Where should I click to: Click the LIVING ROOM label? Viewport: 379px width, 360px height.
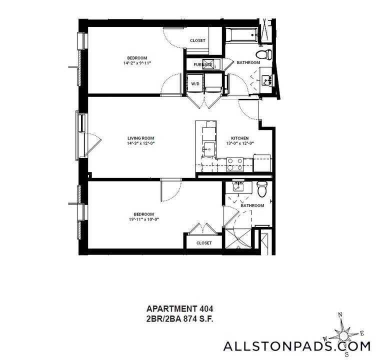click(x=140, y=138)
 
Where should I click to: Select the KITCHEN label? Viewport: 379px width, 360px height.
click(x=239, y=138)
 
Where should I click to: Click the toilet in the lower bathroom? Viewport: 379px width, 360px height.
click(x=262, y=188)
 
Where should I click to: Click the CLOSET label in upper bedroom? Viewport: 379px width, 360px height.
click(x=197, y=40)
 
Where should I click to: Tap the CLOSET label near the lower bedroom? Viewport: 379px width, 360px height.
click(x=203, y=243)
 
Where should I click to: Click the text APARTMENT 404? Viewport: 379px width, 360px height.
click(x=171, y=308)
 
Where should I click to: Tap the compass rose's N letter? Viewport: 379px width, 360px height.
click(x=340, y=314)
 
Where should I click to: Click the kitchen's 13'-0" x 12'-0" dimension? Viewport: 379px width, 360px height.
click(x=239, y=143)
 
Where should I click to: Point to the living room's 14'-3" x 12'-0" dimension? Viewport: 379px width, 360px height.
click(x=140, y=143)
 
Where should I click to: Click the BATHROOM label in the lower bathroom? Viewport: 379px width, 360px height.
click(x=252, y=205)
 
